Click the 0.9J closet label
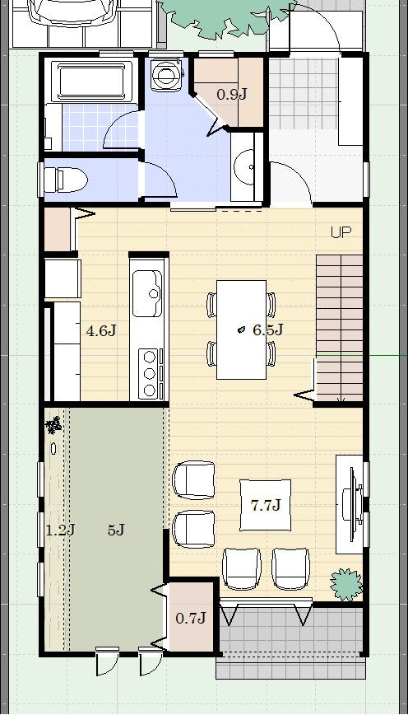click(232, 95)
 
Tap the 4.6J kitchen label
click(101, 330)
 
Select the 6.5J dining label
click(268, 329)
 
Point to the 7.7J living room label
click(266, 505)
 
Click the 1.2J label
click(61, 530)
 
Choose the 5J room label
click(116, 530)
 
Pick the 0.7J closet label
click(191, 619)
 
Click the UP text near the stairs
click(341, 232)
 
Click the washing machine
click(167, 74)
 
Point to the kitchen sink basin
click(147, 293)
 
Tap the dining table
click(241, 329)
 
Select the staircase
click(339, 328)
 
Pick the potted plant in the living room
click(346, 584)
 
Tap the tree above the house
click(226, 16)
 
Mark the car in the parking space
click(73, 12)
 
